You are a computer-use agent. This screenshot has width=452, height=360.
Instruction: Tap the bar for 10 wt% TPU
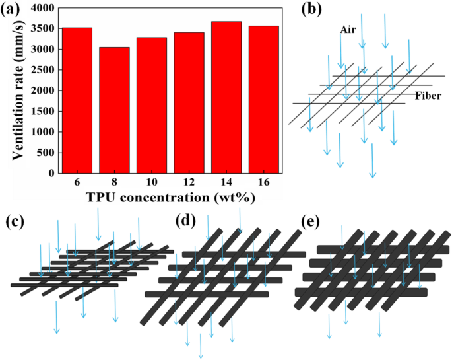(x=151, y=106)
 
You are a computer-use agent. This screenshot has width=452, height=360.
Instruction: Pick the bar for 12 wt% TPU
(x=188, y=103)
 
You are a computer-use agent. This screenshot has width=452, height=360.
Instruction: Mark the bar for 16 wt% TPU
(x=263, y=100)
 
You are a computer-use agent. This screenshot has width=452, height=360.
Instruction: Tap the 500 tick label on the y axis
(x=46, y=153)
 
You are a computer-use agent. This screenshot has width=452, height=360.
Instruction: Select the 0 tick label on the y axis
(x=52, y=173)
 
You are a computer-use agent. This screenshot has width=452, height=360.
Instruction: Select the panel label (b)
(x=313, y=10)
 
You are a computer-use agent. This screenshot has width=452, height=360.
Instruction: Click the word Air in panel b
(x=348, y=30)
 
